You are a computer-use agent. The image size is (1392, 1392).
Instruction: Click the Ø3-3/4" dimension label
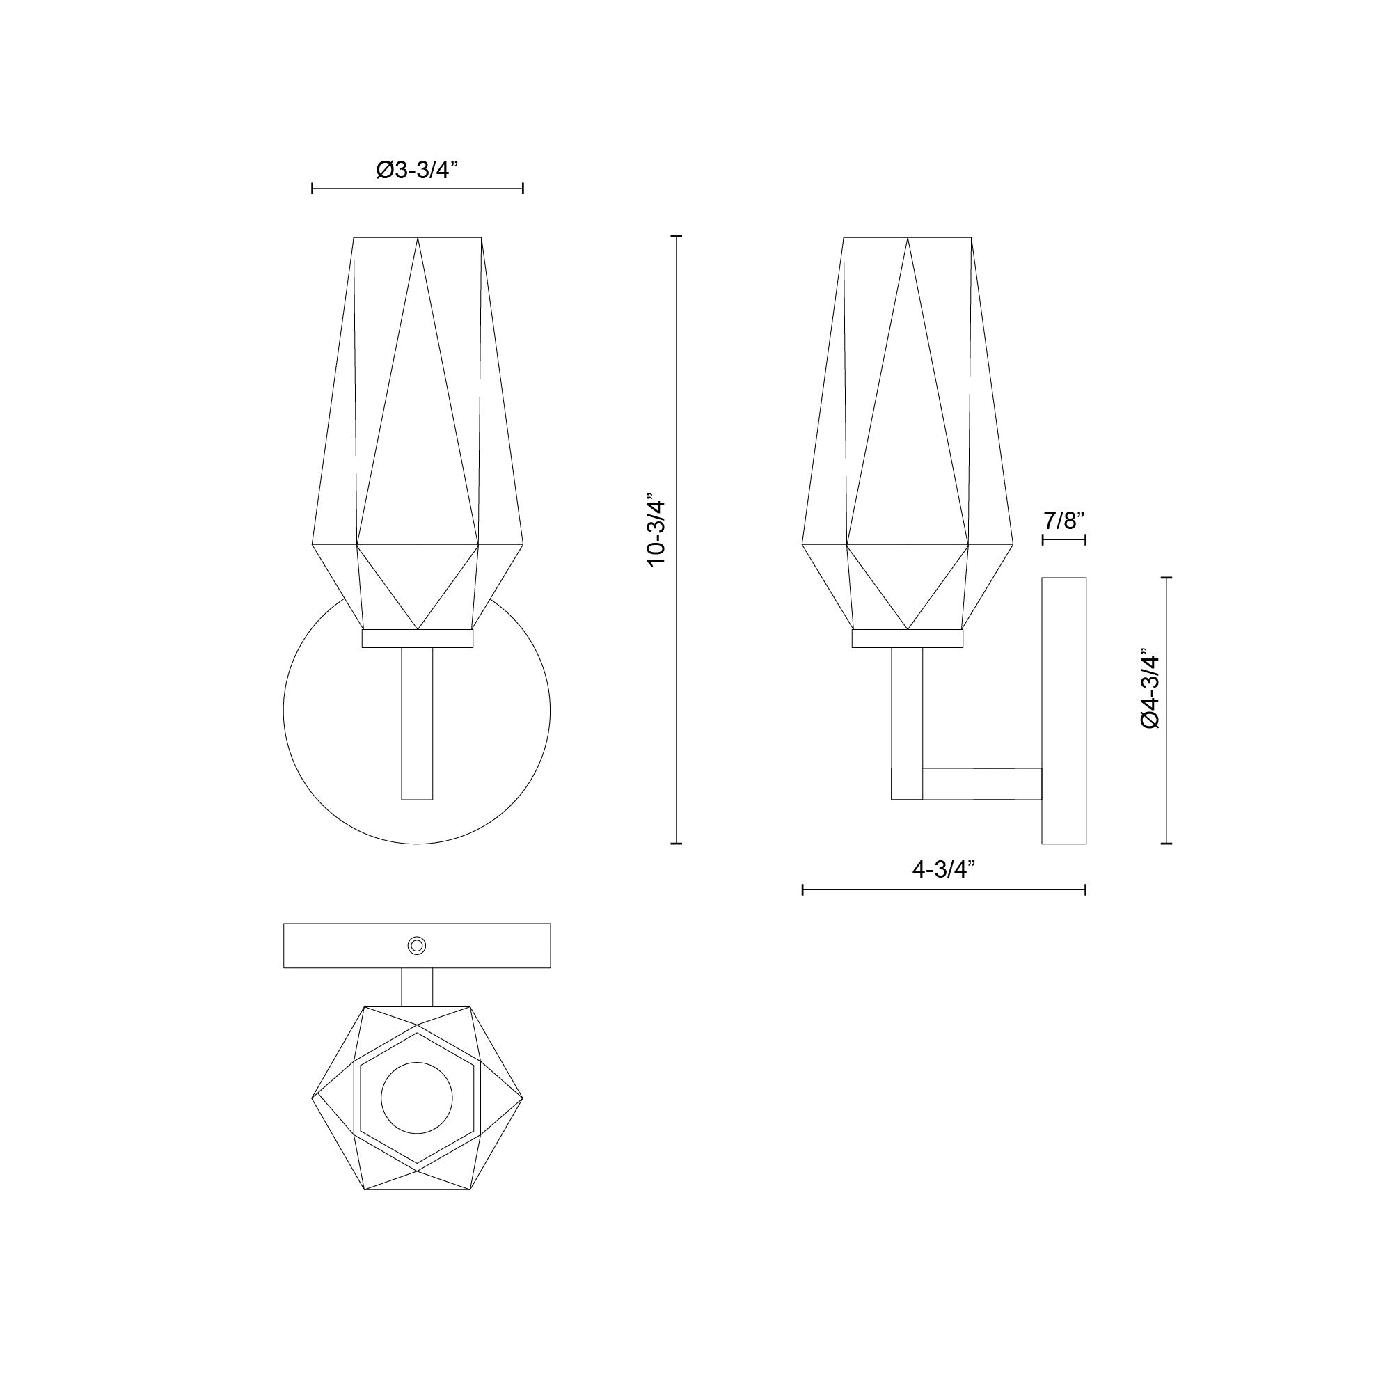[417, 171]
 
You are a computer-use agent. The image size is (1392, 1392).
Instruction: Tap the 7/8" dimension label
[1063, 519]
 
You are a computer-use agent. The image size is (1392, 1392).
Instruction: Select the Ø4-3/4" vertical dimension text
[1150, 691]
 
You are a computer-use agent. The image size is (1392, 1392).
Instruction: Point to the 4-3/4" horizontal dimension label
[943, 869]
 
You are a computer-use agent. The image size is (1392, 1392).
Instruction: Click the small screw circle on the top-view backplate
[416, 945]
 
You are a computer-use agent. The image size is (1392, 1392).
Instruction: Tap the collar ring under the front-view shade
[417, 639]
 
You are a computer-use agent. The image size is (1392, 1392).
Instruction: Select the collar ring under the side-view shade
[907, 639]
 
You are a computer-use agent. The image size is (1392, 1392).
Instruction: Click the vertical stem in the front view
[417, 723]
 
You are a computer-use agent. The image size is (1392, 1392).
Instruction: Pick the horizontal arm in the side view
[982, 784]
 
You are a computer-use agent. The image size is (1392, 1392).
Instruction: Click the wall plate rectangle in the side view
[1064, 711]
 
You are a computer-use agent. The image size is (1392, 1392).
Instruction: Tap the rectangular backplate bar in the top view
[346, 945]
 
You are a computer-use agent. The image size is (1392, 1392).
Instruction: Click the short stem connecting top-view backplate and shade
[417, 986]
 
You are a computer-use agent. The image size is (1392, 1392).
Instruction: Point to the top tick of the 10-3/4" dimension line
[676, 236]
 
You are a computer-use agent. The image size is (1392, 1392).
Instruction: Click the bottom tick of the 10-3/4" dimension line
[676, 843]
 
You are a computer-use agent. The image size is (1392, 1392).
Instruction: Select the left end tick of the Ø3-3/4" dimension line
[312, 189]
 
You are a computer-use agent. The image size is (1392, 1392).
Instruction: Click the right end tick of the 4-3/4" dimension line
[1086, 891]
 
